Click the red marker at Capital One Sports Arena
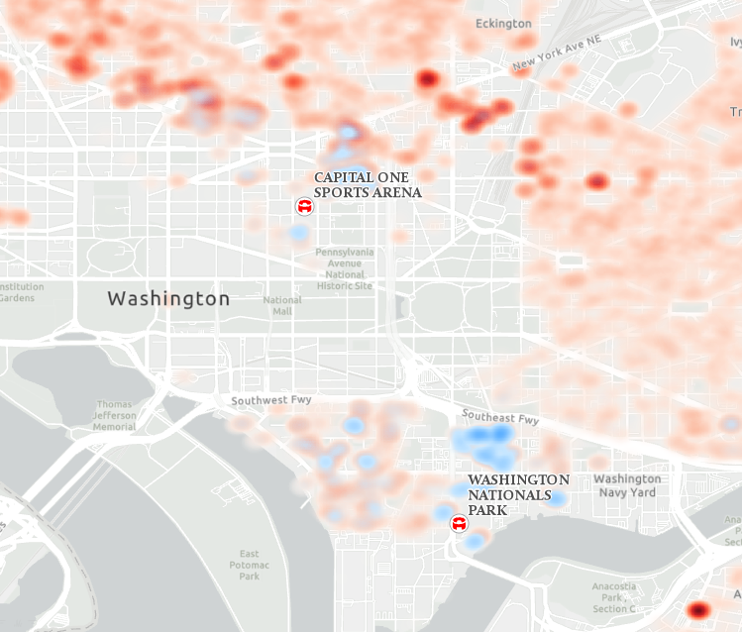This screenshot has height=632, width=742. click(x=305, y=206)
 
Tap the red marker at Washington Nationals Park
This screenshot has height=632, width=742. click(x=460, y=523)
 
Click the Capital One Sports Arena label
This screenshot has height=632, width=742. click(x=368, y=185)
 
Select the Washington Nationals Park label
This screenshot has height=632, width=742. click(x=518, y=493)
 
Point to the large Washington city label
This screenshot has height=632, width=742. click(x=168, y=298)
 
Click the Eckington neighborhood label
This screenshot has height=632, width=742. click(x=503, y=23)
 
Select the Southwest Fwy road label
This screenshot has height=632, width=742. click(x=271, y=401)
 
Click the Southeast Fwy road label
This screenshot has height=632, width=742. click(x=499, y=419)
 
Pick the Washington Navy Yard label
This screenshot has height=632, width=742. click(x=625, y=485)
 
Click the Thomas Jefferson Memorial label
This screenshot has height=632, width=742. click(x=114, y=415)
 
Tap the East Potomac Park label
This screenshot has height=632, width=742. click(x=249, y=565)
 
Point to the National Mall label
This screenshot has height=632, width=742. click(x=282, y=305)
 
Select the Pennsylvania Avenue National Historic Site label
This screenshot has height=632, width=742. click(x=345, y=268)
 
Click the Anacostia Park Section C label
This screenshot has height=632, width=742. click(x=613, y=597)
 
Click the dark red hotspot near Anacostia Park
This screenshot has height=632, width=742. click(x=699, y=609)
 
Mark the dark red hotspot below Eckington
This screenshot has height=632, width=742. click(x=427, y=79)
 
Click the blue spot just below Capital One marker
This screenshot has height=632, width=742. click(x=297, y=234)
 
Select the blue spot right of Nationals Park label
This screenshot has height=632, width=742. click(x=559, y=498)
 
